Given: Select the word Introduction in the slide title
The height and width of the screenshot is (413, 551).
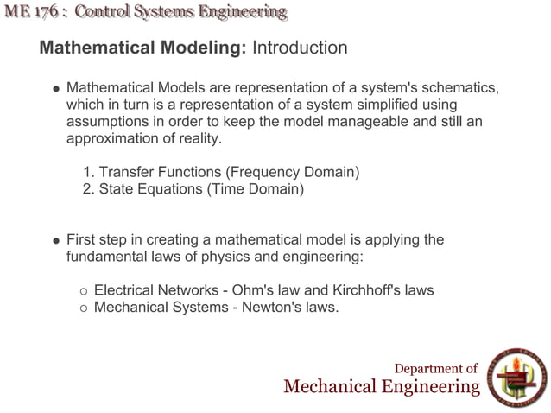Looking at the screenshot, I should [x=299, y=48].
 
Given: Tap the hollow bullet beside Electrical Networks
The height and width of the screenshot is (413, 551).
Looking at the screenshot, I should [x=84, y=290].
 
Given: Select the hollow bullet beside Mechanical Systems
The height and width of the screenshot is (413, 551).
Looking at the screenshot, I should [x=84, y=306].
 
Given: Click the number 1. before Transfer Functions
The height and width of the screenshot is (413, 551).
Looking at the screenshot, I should [x=87, y=172].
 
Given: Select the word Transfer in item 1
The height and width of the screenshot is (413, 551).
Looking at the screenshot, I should [x=124, y=172].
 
